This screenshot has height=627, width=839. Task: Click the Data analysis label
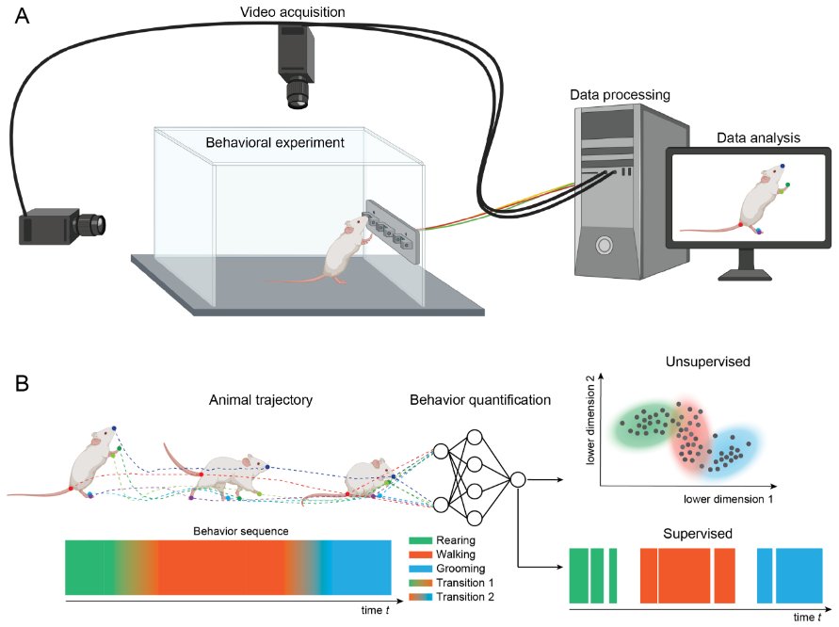pos(758,137)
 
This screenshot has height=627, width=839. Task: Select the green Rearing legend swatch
pos(422,540)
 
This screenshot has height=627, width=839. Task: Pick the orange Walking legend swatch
pos(422,555)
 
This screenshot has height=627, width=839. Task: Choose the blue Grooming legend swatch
pos(422,569)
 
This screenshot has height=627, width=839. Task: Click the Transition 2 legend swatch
pos(422,596)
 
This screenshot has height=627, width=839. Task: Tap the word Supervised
pos(698,534)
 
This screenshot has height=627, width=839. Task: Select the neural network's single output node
pos(517,481)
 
